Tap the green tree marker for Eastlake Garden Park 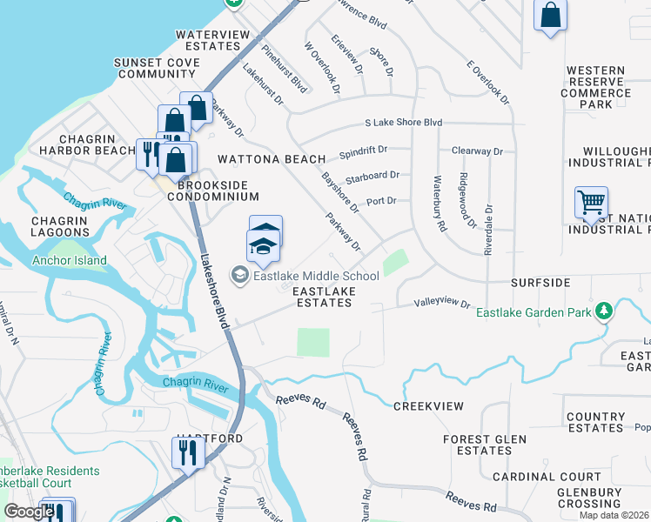tap(602, 311)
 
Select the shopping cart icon tap(591, 202)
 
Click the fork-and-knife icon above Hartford tap(188, 451)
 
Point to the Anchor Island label tap(70, 260)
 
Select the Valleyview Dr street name tap(441, 304)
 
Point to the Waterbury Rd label tap(440, 204)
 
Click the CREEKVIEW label tap(428, 406)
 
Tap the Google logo tap(29, 512)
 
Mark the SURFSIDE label tap(540, 283)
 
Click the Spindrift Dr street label tap(363, 151)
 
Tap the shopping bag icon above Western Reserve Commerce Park tap(550, 15)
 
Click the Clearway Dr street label tap(477, 151)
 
